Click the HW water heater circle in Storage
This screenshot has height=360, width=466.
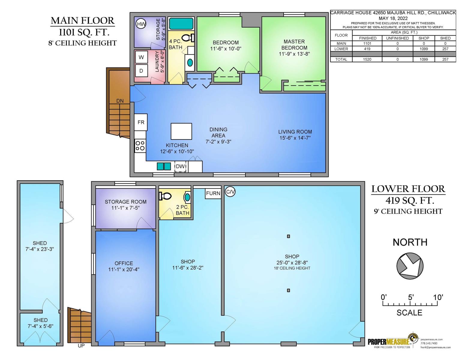(x=141, y=24)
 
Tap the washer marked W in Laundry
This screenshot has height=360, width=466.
(x=141, y=57)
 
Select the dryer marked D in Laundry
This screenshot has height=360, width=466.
(x=141, y=70)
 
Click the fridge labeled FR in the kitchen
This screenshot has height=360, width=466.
(x=141, y=122)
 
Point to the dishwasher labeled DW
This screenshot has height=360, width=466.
(x=180, y=166)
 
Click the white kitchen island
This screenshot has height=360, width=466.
(x=181, y=131)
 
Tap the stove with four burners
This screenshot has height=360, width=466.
(x=140, y=146)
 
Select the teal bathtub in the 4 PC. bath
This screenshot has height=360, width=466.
(x=181, y=24)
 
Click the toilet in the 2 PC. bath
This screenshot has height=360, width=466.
(x=165, y=196)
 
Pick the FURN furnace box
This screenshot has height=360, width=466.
(x=213, y=193)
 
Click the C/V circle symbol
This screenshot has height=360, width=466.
(x=230, y=191)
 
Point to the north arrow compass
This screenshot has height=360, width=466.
(x=410, y=266)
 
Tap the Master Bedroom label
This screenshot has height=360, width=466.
(x=294, y=45)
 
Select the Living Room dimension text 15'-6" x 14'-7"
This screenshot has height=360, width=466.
(x=295, y=138)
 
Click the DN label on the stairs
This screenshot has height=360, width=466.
(x=120, y=101)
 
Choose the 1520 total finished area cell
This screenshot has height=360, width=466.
(x=367, y=59)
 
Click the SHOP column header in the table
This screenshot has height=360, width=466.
(x=423, y=38)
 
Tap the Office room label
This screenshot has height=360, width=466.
(x=124, y=263)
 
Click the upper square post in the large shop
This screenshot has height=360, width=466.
(x=288, y=236)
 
